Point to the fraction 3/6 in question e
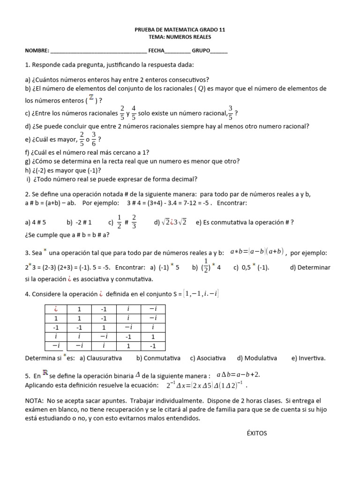pos(94,139)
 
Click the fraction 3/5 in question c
pos(230,113)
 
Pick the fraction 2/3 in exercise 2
pos(134,222)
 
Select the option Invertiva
pos(307,358)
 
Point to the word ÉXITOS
pos(256,433)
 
